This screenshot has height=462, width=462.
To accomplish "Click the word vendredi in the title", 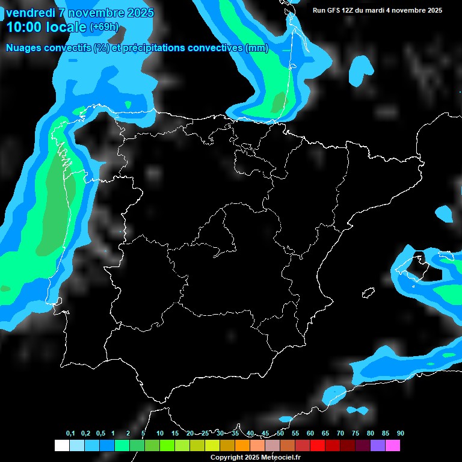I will pyautogui.click(x=30, y=13).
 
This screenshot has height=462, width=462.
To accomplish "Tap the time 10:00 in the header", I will pyautogui.click(x=24, y=27).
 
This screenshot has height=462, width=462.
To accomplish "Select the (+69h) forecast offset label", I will pyautogui.click(x=104, y=28).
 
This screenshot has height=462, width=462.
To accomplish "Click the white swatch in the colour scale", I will pyautogui.click(x=61, y=446).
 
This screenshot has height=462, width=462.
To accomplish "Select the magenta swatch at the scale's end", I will pyautogui.click(x=393, y=446).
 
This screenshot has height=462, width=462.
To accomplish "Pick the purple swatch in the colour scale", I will pyautogui.click(x=378, y=446).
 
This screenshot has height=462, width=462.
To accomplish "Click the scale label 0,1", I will pyautogui.click(x=70, y=434).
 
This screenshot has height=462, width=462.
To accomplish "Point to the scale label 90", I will pyautogui.click(x=401, y=434).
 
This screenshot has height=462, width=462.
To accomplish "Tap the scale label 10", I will pyautogui.click(x=160, y=434).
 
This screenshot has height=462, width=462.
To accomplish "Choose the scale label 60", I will pyautogui.click(x=310, y=434).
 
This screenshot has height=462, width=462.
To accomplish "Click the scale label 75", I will pyautogui.click(x=356, y=434).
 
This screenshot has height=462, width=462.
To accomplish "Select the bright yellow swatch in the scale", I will pyautogui.click(x=212, y=446).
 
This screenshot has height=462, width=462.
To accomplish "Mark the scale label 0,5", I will pyautogui.click(x=100, y=434).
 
